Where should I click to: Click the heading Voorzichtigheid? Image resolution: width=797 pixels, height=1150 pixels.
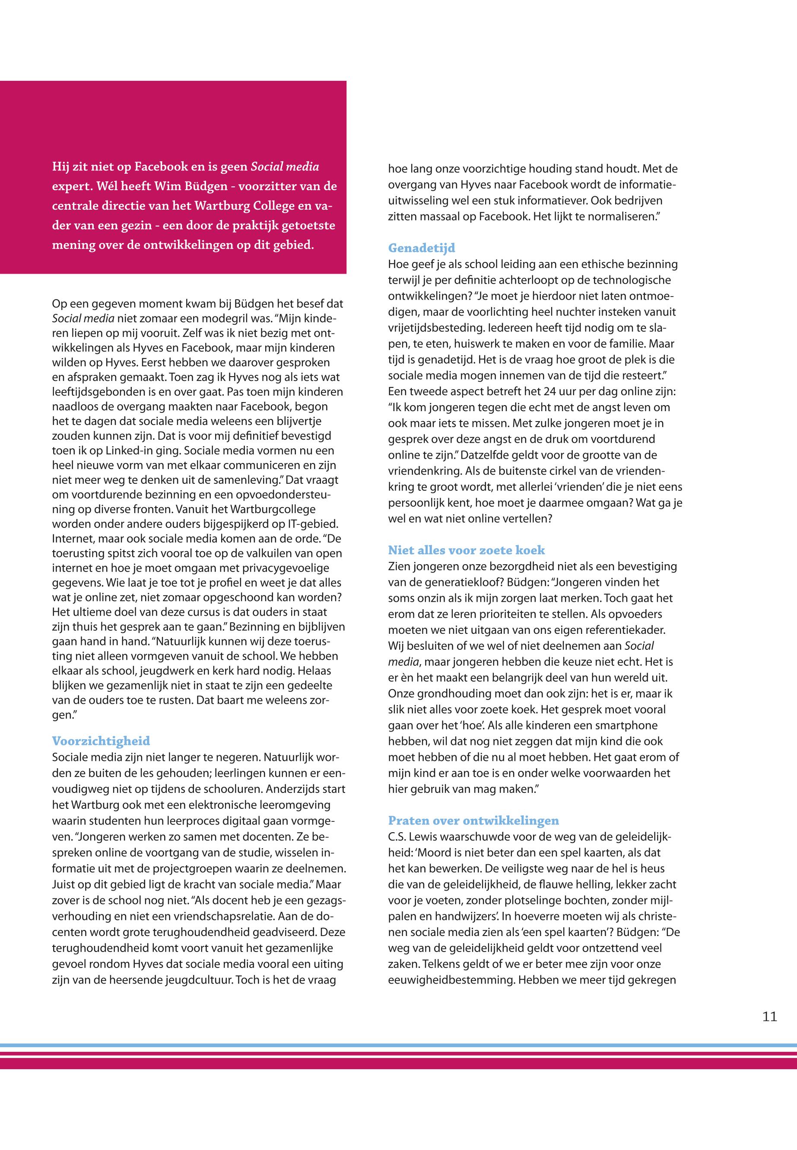click(101, 741)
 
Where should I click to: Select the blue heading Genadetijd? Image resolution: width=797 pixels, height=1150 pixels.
click(422, 248)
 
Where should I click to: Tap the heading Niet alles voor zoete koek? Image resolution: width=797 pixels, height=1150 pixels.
click(467, 550)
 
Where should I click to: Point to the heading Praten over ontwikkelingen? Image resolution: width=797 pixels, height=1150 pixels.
click(473, 821)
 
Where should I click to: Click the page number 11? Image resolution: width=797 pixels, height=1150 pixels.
click(770, 1016)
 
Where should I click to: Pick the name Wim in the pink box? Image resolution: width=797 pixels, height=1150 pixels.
click(167, 186)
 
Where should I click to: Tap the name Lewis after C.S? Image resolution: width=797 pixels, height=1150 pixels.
click(425, 837)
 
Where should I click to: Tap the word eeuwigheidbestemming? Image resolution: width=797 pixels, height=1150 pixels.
click(451, 980)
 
